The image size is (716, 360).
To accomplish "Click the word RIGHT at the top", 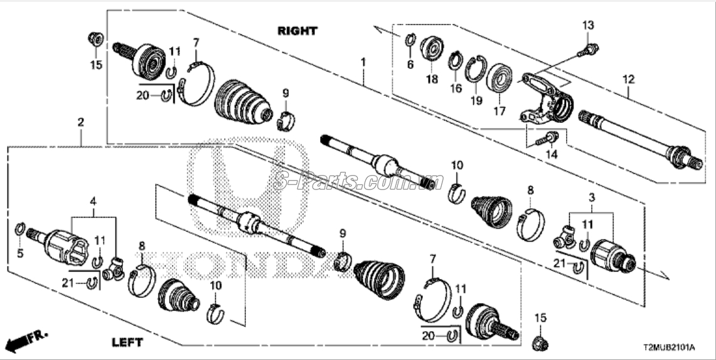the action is [x=297, y=31].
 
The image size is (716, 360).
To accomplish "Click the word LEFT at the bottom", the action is [x=127, y=342].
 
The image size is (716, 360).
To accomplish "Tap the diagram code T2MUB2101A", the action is [x=669, y=348].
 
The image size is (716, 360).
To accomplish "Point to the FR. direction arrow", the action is [x=25, y=341].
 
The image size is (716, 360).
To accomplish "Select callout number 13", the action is [x=588, y=25].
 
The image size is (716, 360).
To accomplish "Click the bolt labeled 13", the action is [x=588, y=50].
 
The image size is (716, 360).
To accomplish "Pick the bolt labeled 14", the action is [x=546, y=138].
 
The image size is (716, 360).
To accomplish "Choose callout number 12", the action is [x=628, y=80].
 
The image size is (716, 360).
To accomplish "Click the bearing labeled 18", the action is [x=432, y=48].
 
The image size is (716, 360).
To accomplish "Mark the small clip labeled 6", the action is [x=410, y=40].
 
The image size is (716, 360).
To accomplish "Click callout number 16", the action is [x=456, y=88].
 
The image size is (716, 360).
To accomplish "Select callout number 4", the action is [x=93, y=201].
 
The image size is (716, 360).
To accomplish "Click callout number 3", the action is [x=592, y=198].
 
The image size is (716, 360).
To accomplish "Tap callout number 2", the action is [x=80, y=122].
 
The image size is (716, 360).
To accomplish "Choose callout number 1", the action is [x=363, y=61].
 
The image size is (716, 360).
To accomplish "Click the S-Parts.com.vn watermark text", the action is [x=358, y=182].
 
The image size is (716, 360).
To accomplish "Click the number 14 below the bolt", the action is [x=552, y=155].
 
